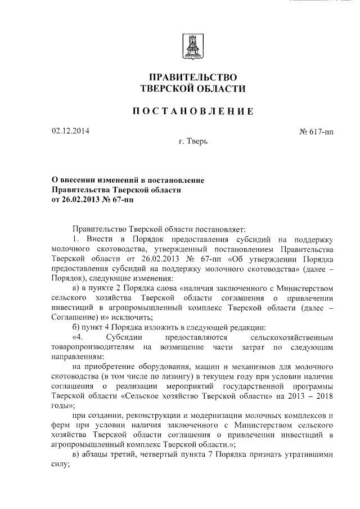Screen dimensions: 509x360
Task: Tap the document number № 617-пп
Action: coord(317,132)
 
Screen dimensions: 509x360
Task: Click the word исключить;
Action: coord(126,318)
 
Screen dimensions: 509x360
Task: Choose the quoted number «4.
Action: coord(78,338)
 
